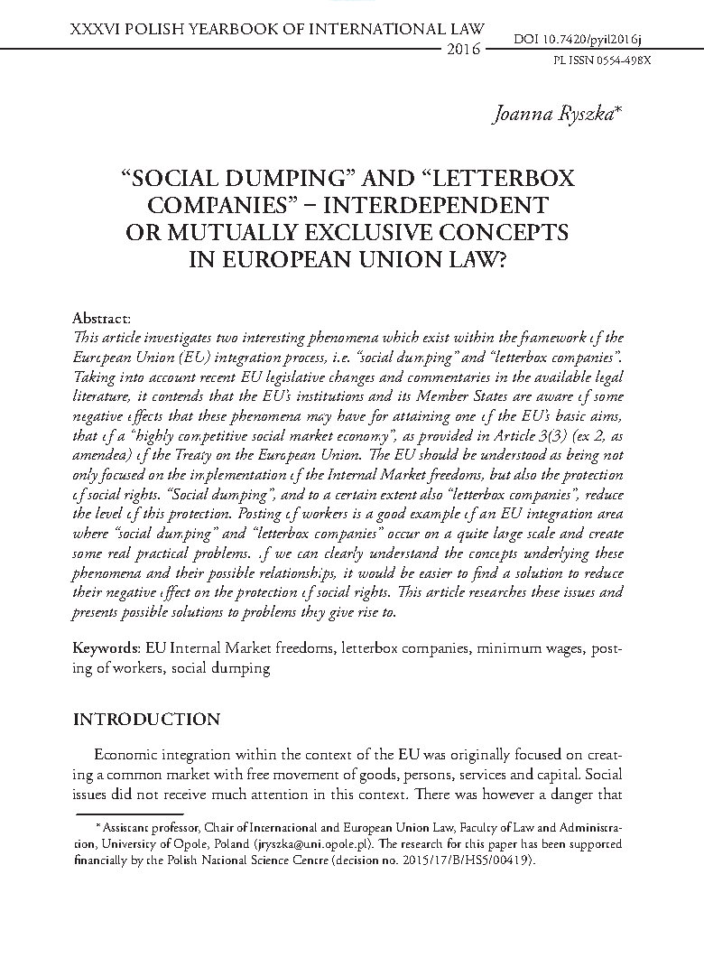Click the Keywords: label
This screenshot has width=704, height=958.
tap(105, 649)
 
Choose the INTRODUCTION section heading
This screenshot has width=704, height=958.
tap(146, 720)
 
